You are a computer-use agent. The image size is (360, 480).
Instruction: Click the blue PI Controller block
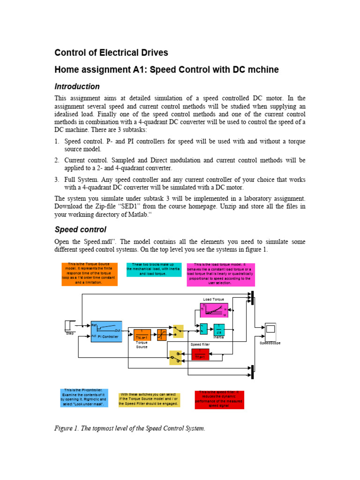click(x=106, y=331)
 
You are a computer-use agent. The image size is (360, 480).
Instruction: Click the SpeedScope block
click(x=270, y=329)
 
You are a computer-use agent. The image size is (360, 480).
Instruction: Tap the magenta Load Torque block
click(x=214, y=311)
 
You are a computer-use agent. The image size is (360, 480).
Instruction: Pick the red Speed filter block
click(x=200, y=354)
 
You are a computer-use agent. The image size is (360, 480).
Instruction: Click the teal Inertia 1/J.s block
click(x=219, y=330)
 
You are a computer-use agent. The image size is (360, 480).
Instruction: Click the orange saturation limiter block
click(x=162, y=335)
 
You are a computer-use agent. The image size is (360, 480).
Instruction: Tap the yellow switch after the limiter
click(x=178, y=331)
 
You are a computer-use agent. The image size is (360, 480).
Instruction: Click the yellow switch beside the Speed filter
click(x=175, y=358)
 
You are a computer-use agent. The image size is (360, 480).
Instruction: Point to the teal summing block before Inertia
click(x=203, y=329)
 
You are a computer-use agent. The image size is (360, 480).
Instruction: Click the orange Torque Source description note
click(x=90, y=274)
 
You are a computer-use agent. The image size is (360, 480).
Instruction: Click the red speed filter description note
click(x=219, y=399)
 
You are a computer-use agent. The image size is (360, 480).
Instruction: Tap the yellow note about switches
click(x=149, y=400)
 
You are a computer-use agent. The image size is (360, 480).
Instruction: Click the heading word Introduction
click(x=77, y=87)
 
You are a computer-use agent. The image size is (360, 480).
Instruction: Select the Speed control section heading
click(x=81, y=230)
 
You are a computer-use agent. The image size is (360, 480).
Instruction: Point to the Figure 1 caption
click(x=130, y=428)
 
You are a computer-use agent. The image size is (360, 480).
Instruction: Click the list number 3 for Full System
click(x=57, y=180)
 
